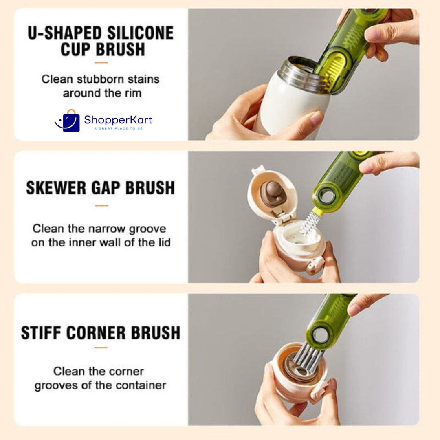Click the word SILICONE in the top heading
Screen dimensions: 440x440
[140, 33]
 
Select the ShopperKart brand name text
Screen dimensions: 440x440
[118, 120]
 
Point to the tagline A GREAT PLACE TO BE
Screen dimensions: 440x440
[118, 128]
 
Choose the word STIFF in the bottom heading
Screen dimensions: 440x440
[41, 333]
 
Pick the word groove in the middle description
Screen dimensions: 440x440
[147, 229]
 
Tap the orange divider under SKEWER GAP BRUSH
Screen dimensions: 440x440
[101, 206]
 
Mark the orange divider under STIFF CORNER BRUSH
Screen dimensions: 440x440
[101, 348]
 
